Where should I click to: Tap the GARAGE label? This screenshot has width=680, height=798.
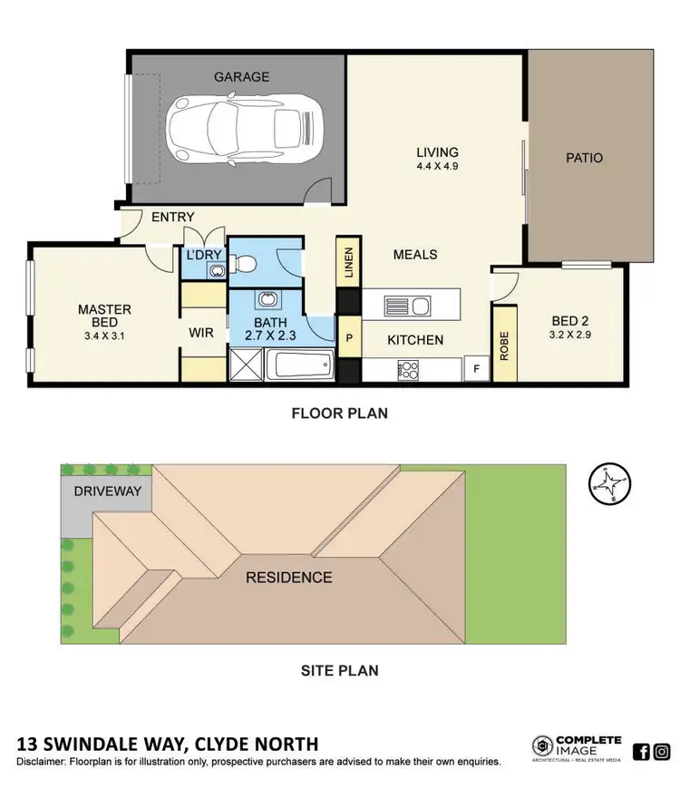[x=241, y=77]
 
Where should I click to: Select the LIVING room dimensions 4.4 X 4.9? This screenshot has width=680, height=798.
[x=437, y=168]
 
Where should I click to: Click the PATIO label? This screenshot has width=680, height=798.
[x=584, y=158]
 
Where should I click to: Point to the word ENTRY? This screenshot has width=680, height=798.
[x=172, y=218]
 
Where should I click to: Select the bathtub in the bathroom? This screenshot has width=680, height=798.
[x=303, y=367]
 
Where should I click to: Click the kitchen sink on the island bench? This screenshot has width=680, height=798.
[x=408, y=306]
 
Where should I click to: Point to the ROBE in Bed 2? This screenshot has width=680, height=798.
[x=503, y=345]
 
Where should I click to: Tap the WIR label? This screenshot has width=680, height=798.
[x=200, y=334]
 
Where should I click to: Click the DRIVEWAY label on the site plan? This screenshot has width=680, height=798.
[x=95, y=491]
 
